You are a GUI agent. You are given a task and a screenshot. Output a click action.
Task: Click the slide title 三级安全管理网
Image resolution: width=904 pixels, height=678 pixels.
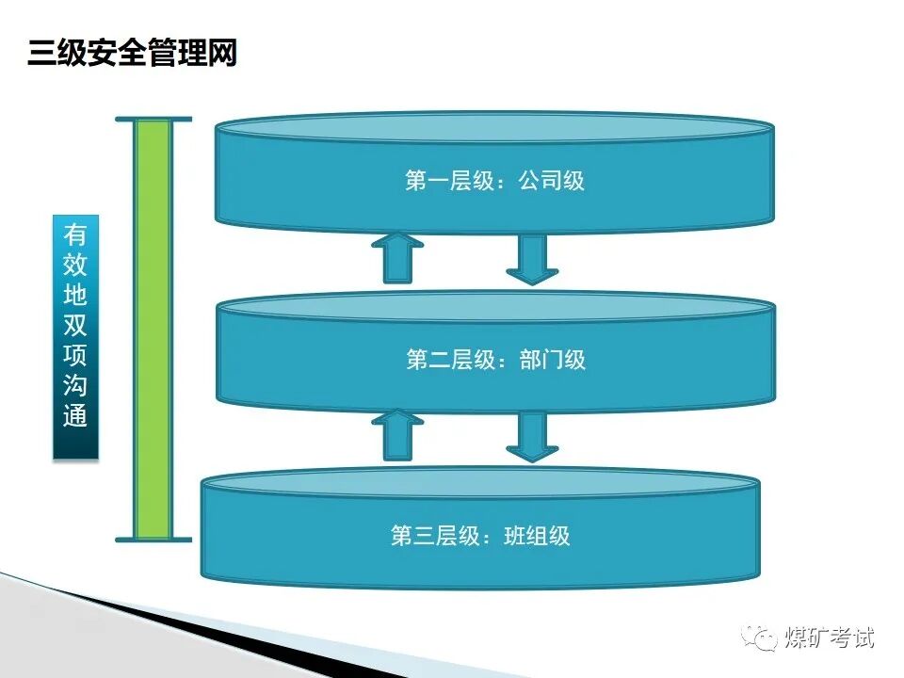pos(132,53)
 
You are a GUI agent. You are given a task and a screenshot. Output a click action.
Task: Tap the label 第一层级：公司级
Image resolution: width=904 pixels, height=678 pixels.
pos(494,181)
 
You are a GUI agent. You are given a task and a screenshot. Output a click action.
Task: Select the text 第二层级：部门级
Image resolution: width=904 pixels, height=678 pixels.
pos(495,360)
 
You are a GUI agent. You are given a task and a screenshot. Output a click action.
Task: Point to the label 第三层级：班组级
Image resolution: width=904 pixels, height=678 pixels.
pos(480,537)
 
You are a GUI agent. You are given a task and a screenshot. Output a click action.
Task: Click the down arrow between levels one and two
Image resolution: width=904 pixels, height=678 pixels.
pos(532,259)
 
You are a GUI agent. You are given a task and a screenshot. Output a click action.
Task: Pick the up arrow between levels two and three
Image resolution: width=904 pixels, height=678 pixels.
pos(396,435)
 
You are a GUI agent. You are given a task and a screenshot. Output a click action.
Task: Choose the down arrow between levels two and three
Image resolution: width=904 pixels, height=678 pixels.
pos(532,438)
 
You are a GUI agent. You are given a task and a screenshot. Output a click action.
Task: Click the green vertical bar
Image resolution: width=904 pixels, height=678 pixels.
pos(153,330)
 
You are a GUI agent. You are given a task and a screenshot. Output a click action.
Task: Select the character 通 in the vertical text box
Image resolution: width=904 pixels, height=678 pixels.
pos(75,415)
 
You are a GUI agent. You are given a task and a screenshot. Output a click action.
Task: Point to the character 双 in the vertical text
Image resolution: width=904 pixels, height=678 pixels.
pos(75,325)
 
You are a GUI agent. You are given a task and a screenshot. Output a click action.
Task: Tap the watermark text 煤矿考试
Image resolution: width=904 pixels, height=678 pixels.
pos(829,638)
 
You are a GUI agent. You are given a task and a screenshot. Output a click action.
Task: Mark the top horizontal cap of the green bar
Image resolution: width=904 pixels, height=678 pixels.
pos(153,120)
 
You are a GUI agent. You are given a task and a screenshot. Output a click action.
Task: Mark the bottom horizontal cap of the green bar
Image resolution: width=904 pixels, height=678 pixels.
pos(153,541)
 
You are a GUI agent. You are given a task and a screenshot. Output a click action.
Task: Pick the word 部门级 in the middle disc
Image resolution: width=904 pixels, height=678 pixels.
pos(553,360)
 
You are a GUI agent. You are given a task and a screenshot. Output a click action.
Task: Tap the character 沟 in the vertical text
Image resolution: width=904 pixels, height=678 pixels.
pos(75,385)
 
